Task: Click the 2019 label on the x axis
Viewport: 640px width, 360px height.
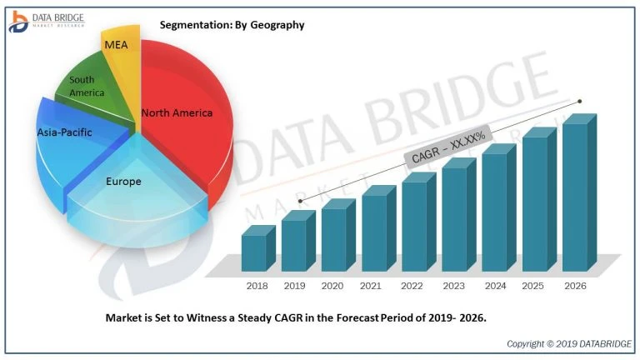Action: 295,286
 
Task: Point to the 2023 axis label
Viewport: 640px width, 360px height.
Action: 454,286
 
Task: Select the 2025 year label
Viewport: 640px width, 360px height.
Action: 534,286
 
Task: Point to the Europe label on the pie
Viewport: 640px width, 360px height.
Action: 123,181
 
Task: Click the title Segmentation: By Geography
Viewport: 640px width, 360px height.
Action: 232,25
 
